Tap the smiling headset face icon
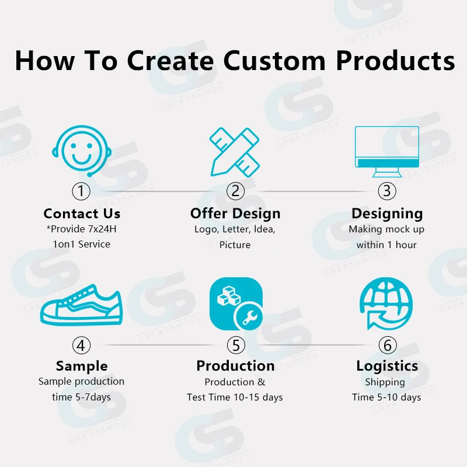click(81, 151)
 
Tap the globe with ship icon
click(386, 304)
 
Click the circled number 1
click(81, 191)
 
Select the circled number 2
click(235, 191)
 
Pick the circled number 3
click(386, 191)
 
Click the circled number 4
click(81, 345)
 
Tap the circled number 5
click(235, 345)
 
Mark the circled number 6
click(387, 345)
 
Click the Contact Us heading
click(82, 213)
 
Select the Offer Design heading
click(235, 213)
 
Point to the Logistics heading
click(387, 366)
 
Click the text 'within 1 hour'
click(386, 245)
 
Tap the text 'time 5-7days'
click(81, 397)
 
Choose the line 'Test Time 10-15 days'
click(235, 397)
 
